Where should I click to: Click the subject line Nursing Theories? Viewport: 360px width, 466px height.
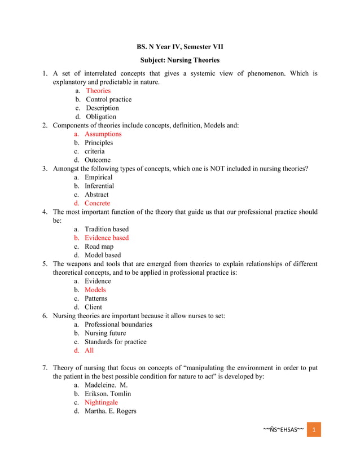[x=179, y=60]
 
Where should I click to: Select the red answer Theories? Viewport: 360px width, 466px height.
[x=98, y=91]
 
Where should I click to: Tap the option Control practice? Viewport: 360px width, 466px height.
[x=108, y=99]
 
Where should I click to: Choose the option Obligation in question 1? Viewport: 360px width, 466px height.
[x=100, y=117]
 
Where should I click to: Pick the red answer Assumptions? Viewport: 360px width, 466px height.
[x=103, y=134]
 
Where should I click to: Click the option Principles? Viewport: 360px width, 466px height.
[x=99, y=143]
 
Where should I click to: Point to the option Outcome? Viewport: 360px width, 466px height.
[x=98, y=160]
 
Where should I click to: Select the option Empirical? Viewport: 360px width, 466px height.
[x=99, y=177]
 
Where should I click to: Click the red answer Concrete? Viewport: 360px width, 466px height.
[x=97, y=203]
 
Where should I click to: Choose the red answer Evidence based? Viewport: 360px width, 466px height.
[x=107, y=238]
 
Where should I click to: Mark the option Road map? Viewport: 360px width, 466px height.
[x=99, y=247]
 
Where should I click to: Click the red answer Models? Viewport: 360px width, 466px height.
[x=95, y=290]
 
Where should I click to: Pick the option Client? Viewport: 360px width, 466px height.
[x=93, y=307]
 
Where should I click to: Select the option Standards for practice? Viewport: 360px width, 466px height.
[x=115, y=342]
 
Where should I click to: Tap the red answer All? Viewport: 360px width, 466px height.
[x=89, y=350]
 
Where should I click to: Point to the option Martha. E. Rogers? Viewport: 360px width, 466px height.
[x=110, y=411]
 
